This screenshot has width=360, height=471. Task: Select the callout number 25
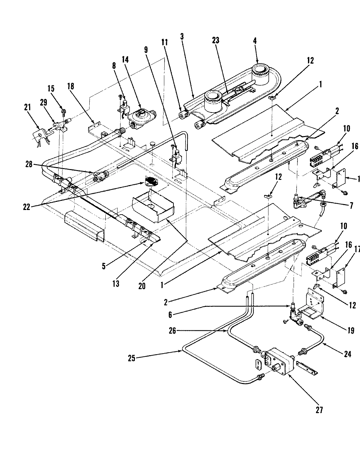tap(132, 358)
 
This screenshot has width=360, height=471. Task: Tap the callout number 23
tap(215, 41)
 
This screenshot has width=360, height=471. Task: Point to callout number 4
tap(255, 41)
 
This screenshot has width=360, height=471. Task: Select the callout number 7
tap(351, 206)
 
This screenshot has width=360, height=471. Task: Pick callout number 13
tap(116, 284)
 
